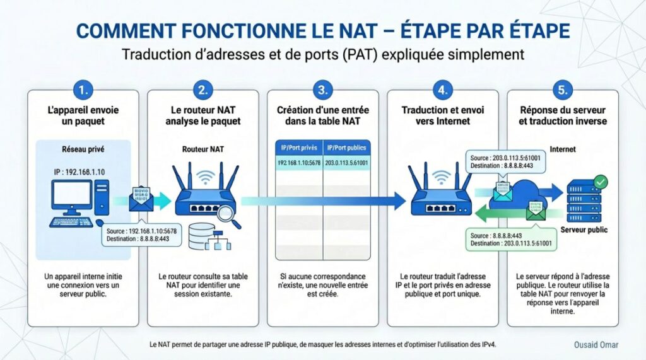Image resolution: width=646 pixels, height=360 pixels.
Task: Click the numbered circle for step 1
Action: pos(83,90)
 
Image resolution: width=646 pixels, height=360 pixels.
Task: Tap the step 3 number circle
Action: pos(322,90)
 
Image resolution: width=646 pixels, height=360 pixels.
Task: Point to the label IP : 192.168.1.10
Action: pos(80,171)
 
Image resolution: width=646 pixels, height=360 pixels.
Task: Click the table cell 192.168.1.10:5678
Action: pos(299,163)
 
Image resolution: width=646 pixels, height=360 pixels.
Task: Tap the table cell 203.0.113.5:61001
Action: pos(347,163)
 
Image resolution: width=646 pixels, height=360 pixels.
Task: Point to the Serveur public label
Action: pos(584,229)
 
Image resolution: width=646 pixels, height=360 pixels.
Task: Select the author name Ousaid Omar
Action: pos(596,345)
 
